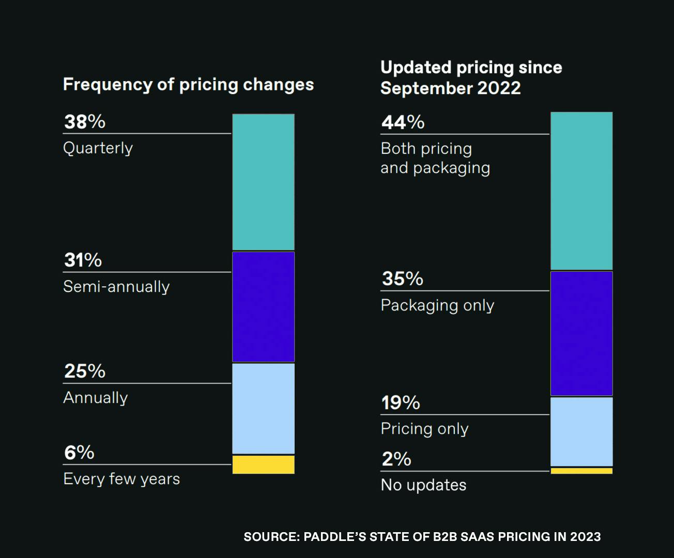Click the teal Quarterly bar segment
263,182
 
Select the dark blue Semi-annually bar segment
263,307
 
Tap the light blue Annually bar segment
263,408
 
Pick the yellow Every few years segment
263,464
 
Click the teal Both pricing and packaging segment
581,191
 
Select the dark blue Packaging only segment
581,333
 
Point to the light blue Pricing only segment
581,431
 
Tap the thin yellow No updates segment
581,471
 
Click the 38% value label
85,122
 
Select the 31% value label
83,260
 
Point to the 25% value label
85,371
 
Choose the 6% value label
79,453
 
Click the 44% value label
403,122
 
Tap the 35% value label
403,279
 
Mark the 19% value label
401,403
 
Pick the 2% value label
396,459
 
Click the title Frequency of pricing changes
188,85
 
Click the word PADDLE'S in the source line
335,537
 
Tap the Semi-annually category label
116,287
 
